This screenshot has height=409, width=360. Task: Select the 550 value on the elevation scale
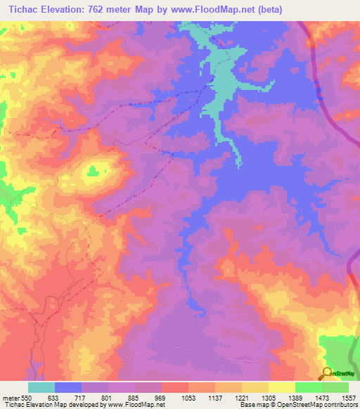[x=27, y=396]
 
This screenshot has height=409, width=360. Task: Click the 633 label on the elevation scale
[x=54, y=396]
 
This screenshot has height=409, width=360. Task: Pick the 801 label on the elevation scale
[x=108, y=396]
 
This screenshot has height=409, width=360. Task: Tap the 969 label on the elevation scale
[x=161, y=396]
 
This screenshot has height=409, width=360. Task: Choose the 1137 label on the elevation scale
[x=214, y=396]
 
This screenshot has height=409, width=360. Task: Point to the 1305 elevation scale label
[x=268, y=396]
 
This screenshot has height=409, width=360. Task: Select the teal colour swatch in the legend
[x=41, y=387]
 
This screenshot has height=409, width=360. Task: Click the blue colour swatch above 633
[x=67, y=387]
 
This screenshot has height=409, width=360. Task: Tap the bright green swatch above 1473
[x=308, y=387]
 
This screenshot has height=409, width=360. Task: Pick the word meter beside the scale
[x=10, y=396]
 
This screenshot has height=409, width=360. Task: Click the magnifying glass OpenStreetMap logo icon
[x=326, y=372]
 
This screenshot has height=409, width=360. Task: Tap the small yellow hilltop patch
[x=94, y=169]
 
